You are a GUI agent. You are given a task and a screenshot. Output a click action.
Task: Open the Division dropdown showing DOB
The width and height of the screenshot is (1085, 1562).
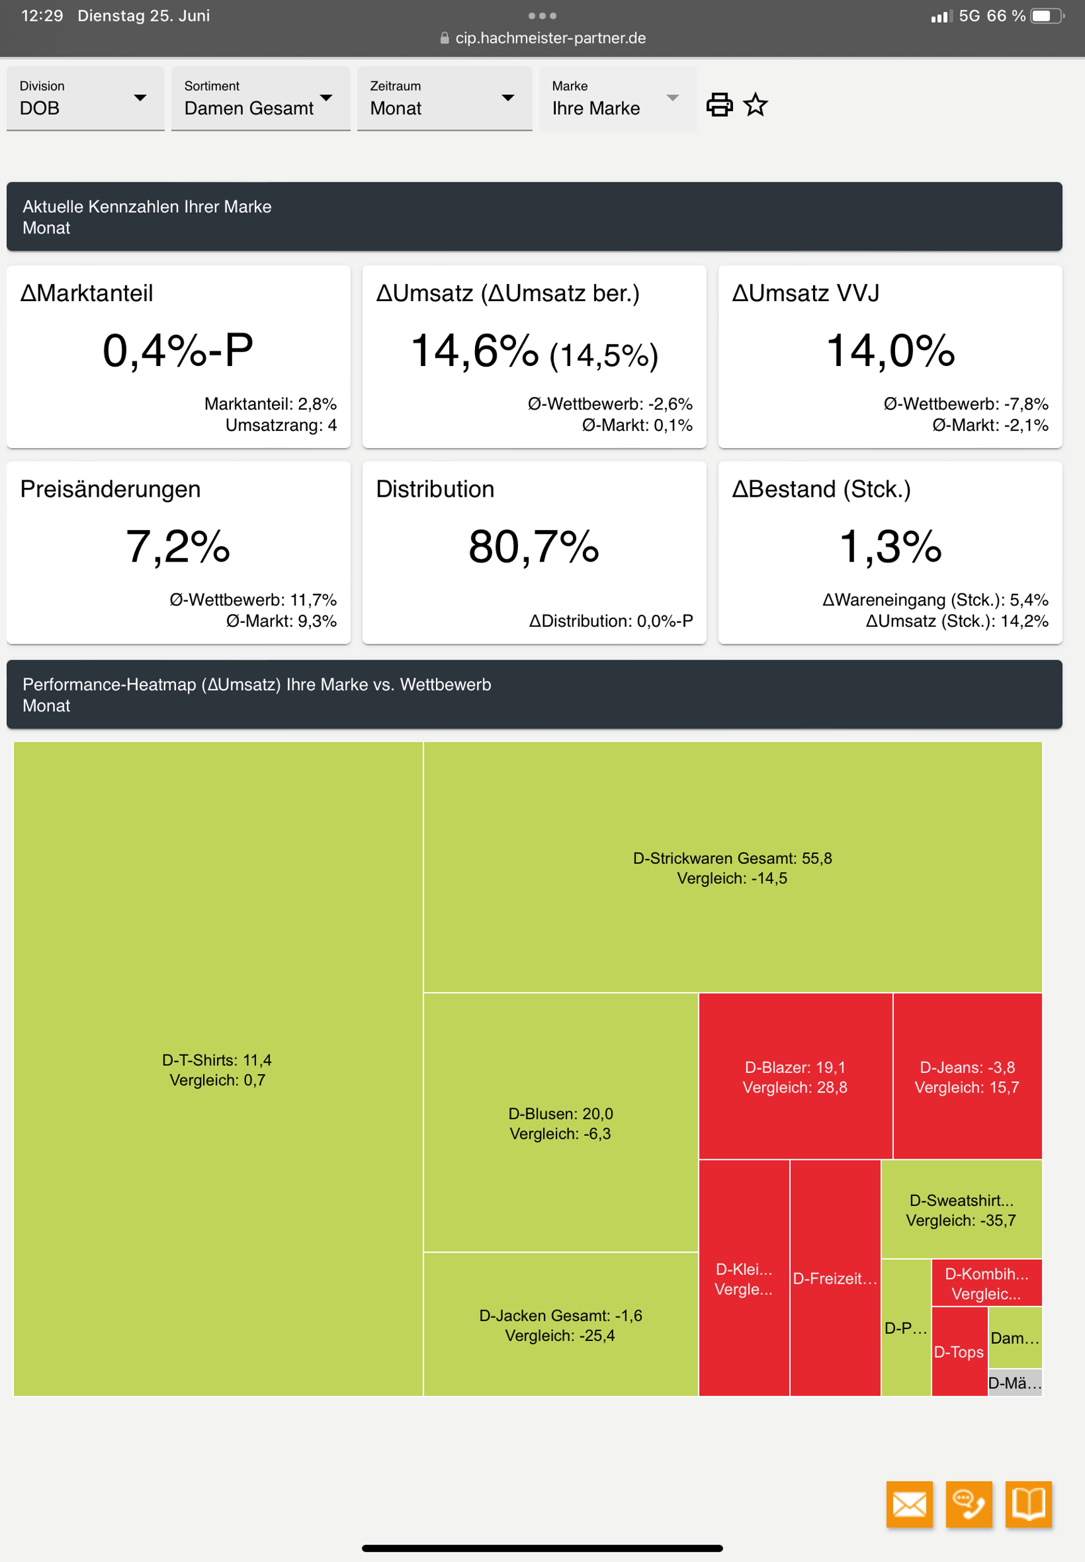point(85,98)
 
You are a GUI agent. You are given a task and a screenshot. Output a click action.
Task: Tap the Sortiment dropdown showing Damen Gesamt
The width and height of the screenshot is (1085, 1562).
point(260,98)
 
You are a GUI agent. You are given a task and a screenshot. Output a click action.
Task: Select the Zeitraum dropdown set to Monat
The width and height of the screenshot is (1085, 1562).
point(443,98)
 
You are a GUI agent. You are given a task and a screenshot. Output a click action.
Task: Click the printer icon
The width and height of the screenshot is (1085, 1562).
point(719,105)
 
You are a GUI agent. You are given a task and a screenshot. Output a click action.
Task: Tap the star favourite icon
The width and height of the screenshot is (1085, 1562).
point(755,105)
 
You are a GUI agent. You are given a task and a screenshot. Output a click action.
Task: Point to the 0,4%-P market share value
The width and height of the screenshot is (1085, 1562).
point(177,351)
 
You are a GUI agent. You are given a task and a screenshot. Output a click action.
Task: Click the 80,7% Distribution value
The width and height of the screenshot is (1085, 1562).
point(534,547)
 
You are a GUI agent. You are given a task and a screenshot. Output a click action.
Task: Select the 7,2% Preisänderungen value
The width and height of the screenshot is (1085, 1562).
point(177,547)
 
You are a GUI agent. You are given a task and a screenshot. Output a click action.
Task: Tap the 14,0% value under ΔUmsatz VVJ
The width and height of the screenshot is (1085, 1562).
point(890,351)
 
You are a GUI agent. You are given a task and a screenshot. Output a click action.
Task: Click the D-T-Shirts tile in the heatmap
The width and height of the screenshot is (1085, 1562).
point(218,1069)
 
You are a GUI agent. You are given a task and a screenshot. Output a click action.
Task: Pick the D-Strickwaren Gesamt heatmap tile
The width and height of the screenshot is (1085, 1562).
point(732,868)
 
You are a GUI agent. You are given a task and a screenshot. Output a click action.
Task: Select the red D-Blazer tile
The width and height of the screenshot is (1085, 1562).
point(795,1077)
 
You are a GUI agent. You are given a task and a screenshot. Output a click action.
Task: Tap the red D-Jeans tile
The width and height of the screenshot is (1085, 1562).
point(966,1077)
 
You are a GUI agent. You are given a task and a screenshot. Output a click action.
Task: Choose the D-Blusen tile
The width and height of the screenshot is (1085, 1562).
point(560,1123)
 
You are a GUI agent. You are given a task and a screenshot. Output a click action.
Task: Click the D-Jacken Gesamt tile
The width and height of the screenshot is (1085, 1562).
point(560,1325)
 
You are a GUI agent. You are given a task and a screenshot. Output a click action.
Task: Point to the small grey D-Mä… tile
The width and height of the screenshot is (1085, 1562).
point(1014,1383)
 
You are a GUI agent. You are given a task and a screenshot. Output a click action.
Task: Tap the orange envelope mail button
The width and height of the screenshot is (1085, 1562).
point(909,1504)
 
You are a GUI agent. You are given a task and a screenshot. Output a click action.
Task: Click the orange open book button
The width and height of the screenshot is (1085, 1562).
point(1028,1504)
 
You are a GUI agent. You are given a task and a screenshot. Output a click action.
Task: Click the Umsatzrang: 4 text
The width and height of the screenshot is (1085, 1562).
point(281,425)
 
